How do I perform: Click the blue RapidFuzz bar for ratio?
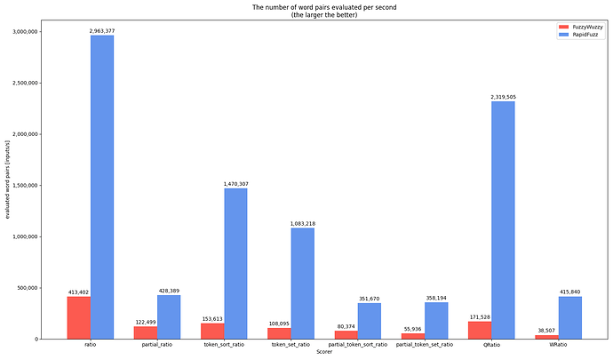(x=101, y=187)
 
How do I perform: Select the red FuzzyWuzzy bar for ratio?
(x=78, y=317)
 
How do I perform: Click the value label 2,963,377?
(x=101, y=31)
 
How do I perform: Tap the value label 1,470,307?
(x=235, y=184)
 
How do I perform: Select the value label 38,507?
(x=546, y=331)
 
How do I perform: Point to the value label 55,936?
(x=413, y=329)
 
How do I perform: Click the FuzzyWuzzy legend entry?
(x=582, y=27)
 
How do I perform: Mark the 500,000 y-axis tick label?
(x=48, y=288)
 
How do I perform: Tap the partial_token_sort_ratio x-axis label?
(x=358, y=345)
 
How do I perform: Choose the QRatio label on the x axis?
(x=491, y=345)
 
